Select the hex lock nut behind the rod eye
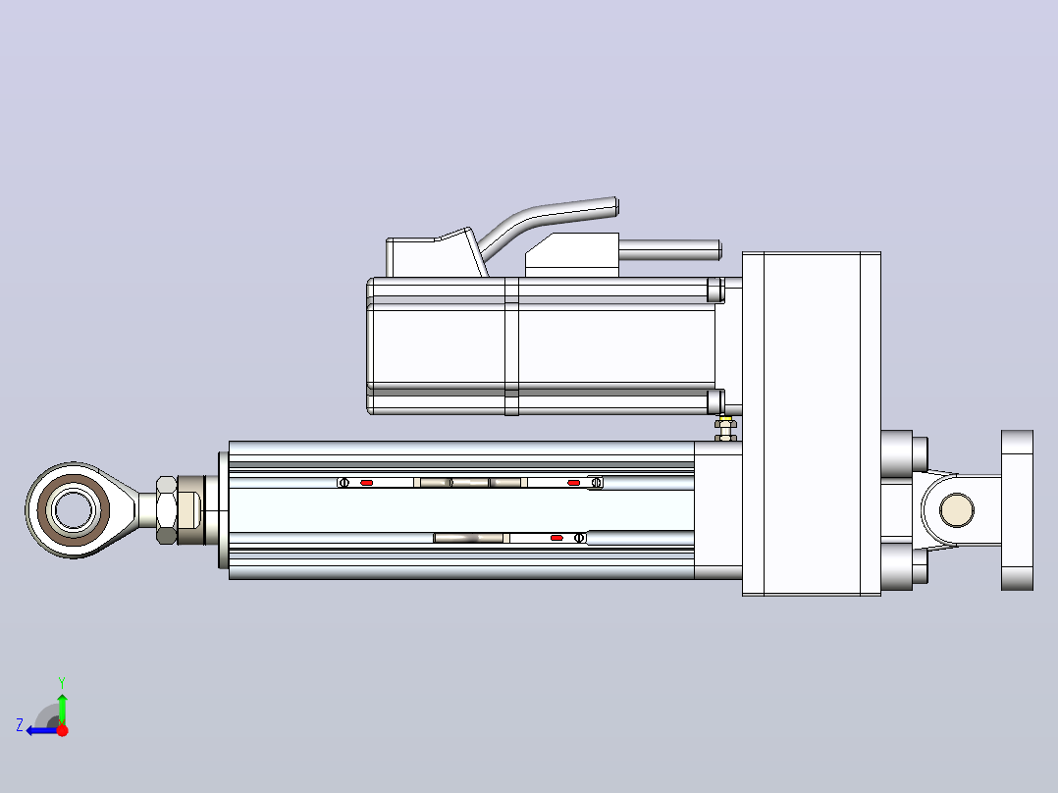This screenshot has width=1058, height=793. (x=167, y=510)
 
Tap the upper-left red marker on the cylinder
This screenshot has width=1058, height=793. (x=366, y=483)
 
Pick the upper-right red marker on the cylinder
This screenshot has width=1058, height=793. (x=573, y=483)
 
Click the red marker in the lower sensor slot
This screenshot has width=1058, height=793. (x=556, y=538)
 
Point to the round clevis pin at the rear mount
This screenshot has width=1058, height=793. (x=956, y=509)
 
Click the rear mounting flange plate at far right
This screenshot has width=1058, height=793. (x=1017, y=510)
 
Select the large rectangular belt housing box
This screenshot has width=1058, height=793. (x=811, y=424)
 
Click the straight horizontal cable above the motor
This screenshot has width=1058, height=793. (x=670, y=250)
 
